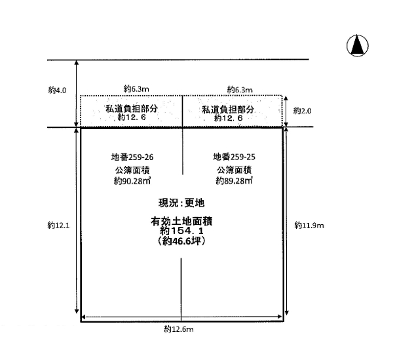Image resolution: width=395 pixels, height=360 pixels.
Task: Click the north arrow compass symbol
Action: point(358,46)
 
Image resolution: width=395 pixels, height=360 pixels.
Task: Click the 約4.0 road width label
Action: point(57,90)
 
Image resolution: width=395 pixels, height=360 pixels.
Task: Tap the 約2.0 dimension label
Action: point(302,111)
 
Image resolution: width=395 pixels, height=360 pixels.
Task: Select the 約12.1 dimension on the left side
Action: point(58,225)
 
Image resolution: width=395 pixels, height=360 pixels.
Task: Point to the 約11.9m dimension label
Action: point(309,225)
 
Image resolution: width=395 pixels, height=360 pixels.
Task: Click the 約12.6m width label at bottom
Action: point(179,329)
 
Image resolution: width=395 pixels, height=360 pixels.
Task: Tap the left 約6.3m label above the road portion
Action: point(136,89)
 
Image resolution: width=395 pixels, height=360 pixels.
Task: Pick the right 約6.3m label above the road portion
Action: point(240,89)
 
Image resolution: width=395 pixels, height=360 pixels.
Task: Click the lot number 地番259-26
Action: point(132,157)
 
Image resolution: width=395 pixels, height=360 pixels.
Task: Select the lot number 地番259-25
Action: point(234,157)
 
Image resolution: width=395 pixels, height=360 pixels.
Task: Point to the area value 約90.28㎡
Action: point(132,181)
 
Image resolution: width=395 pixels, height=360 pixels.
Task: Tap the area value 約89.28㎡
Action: point(234,180)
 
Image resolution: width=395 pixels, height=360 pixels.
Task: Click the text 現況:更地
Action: point(181,203)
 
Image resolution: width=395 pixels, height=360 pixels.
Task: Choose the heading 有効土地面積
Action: point(181,222)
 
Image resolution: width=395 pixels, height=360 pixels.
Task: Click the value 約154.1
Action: point(181,231)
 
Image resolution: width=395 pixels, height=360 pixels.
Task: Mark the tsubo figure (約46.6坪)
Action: point(181,241)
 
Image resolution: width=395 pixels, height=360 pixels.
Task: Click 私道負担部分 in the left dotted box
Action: point(132,109)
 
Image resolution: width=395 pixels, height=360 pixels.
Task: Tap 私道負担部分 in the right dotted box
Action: point(228,110)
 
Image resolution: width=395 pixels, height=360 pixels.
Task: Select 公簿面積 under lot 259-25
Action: point(234,170)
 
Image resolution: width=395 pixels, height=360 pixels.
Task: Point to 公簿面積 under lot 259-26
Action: point(132,170)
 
